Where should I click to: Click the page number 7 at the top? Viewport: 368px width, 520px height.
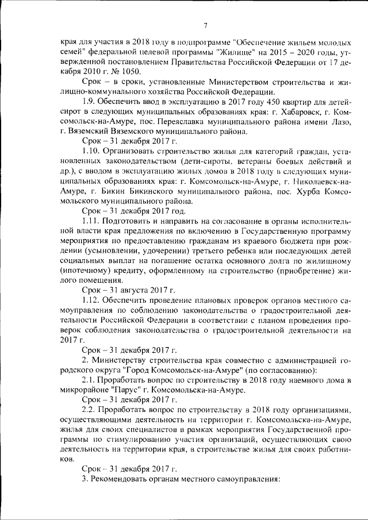pyautogui.click(x=205, y=24)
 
